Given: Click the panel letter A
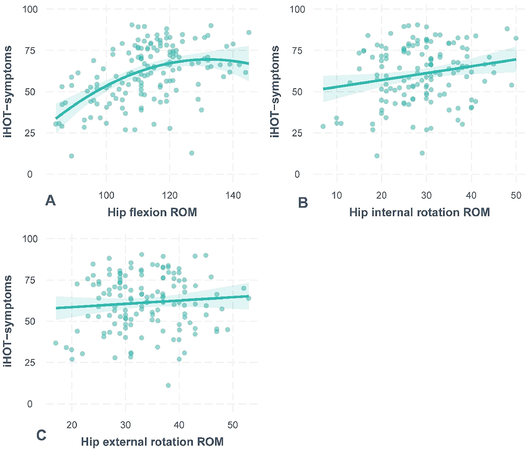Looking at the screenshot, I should [x=50, y=201].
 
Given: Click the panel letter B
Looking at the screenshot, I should [x=303, y=203].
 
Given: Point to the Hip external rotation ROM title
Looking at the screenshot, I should [x=152, y=442].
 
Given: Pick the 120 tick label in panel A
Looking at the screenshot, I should [x=170, y=195].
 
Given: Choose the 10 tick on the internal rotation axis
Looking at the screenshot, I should [x=337, y=195].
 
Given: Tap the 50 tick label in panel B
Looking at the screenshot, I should [x=516, y=195].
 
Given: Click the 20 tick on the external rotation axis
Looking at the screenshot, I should [x=72, y=425].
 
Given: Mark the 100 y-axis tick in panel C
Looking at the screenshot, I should [x=30, y=239].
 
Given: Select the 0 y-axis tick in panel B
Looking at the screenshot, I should [x=297, y=174].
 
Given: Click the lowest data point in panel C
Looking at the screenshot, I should [x=168, y=385].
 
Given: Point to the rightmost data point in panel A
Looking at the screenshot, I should [x=249, y=32].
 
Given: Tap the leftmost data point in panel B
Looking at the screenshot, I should [x=323, y=126].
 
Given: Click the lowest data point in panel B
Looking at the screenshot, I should [x=422, y=153].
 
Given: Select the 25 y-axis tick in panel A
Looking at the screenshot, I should [x=30, y=133].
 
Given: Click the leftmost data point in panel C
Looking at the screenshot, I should [x=56, y=343].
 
